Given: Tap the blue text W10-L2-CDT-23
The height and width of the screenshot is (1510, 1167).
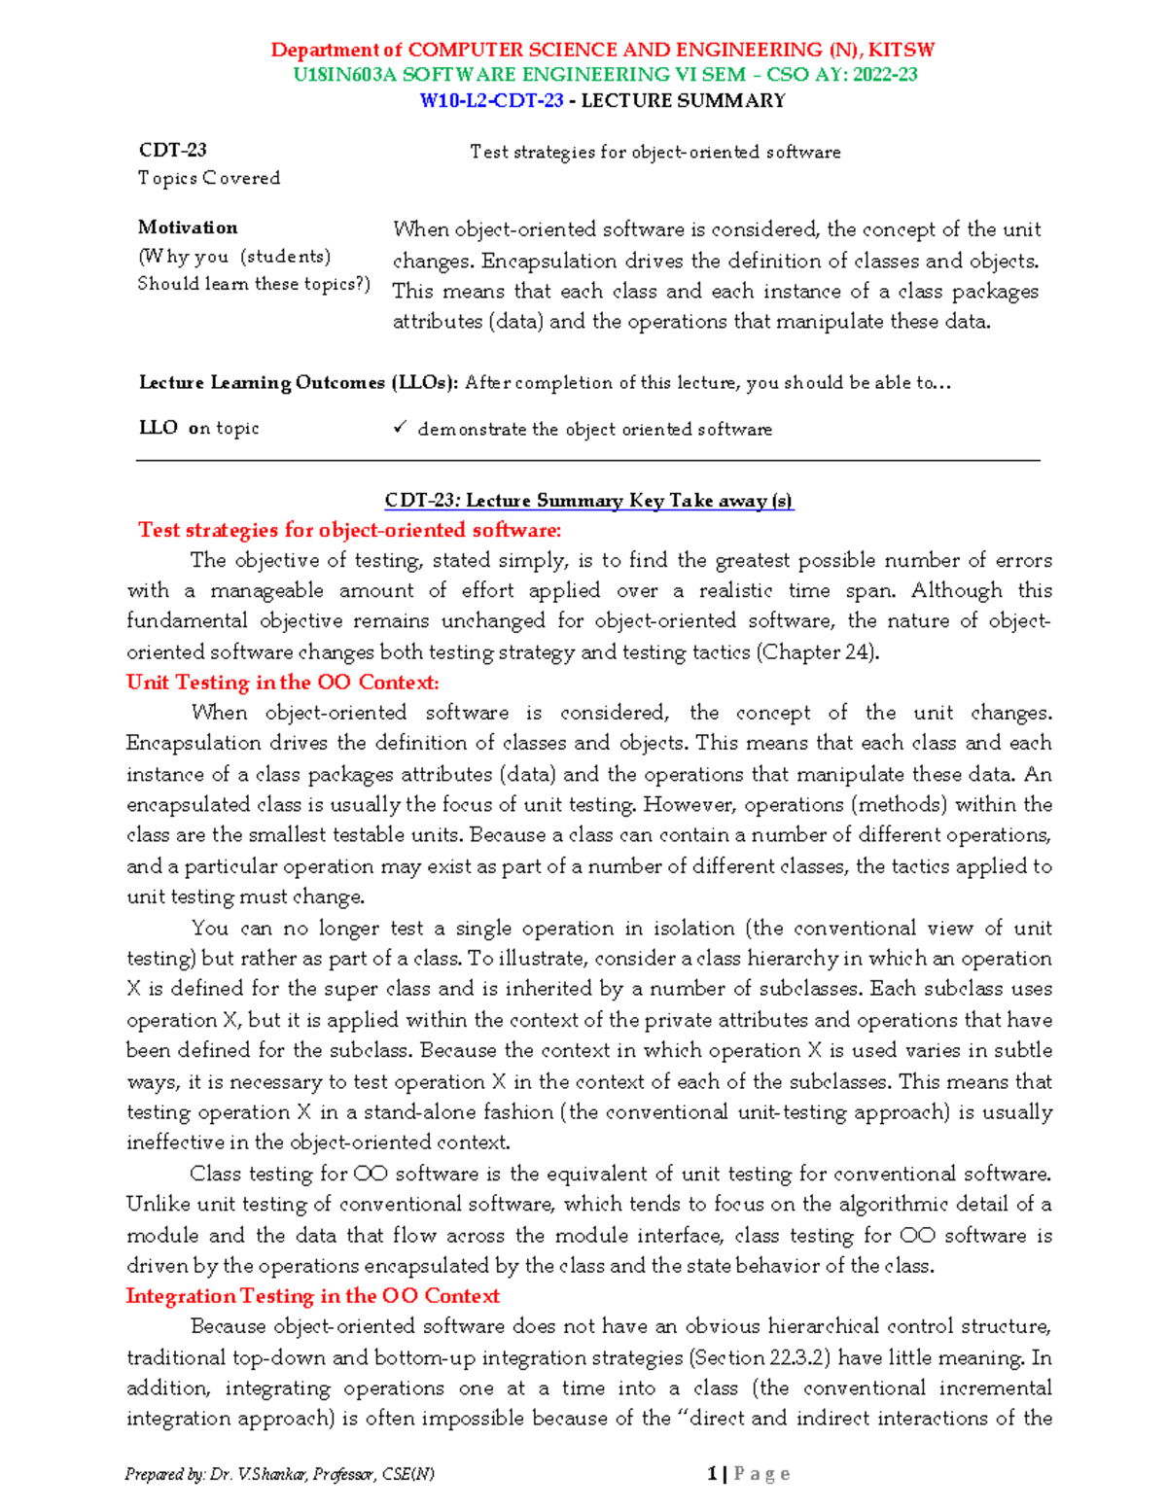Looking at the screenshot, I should click(491, 100).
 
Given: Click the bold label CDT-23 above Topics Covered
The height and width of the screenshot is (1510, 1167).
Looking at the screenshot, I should click(172, 150).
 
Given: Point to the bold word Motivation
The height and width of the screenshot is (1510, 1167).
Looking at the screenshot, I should click(188, 228).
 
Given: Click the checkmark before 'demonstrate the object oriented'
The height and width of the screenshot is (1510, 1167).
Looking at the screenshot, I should click(399, 428).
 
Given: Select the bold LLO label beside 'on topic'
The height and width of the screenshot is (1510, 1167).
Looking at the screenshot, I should click(158, 428).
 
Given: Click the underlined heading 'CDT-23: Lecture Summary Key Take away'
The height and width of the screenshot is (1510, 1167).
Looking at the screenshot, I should click(588, 501).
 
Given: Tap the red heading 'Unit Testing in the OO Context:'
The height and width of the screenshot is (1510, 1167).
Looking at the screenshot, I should click(282, 683).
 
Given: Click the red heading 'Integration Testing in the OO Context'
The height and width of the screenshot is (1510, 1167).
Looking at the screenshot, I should click(312, 1296).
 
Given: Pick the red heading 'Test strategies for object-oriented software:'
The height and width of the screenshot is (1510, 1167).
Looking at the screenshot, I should click(349, 530).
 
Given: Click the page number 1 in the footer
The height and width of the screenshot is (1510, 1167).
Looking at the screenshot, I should click(712, 1474).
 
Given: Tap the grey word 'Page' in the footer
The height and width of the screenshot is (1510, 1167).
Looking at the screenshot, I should click(761, 1474).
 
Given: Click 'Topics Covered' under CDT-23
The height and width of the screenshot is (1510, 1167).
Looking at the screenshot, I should click(209, 178).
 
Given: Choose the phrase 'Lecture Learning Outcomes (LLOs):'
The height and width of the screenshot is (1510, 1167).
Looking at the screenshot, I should click(299, 383).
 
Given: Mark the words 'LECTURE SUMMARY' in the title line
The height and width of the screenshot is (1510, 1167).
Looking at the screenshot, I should click(683, 100).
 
